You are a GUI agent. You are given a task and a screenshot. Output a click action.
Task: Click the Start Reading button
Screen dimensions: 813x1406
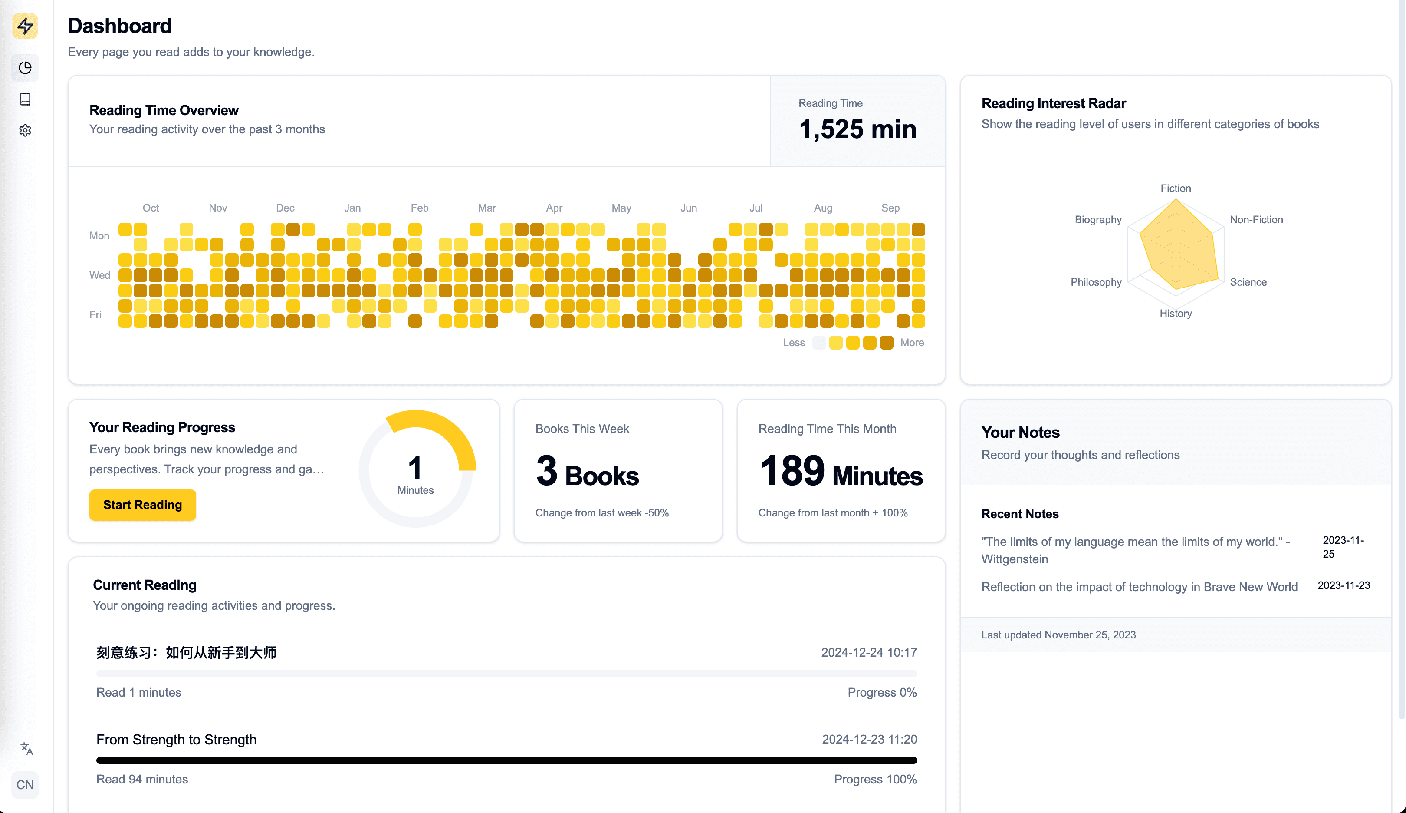pos(142,505)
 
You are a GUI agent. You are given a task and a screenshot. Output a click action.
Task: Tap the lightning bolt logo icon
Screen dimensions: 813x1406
pos(25,26)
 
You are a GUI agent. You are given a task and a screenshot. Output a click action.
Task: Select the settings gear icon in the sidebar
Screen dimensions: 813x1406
pos(25,130)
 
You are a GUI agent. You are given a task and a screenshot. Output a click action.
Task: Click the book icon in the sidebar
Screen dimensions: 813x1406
pos(25,99)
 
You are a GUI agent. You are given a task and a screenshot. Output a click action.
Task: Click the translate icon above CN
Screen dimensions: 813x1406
pos(26,748)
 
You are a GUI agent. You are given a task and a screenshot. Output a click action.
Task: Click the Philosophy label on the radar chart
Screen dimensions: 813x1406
pos(1095,282)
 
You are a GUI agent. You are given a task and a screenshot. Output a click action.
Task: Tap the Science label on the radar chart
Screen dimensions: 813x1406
pos(1248,282)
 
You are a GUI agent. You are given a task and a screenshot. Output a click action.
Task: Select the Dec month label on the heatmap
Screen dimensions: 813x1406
pos(285,208)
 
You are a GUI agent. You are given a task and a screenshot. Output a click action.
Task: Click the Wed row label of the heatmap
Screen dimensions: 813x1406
pos(99,275)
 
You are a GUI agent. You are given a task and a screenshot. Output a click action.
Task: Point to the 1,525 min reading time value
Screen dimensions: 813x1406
pos(857,129)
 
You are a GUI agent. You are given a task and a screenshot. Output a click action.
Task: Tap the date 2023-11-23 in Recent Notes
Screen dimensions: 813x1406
pos(1343,585)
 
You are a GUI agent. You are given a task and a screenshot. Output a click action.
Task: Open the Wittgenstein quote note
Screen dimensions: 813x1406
pos(1135,550)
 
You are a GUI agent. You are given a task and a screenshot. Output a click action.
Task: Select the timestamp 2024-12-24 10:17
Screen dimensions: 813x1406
pos(868,652)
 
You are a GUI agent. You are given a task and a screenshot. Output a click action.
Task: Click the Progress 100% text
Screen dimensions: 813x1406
pos(874,779)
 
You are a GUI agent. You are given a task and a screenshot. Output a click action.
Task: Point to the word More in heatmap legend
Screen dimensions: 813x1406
pos(912,343)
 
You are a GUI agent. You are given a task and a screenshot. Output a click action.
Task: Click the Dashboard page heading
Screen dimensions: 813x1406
pos(120,26)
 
